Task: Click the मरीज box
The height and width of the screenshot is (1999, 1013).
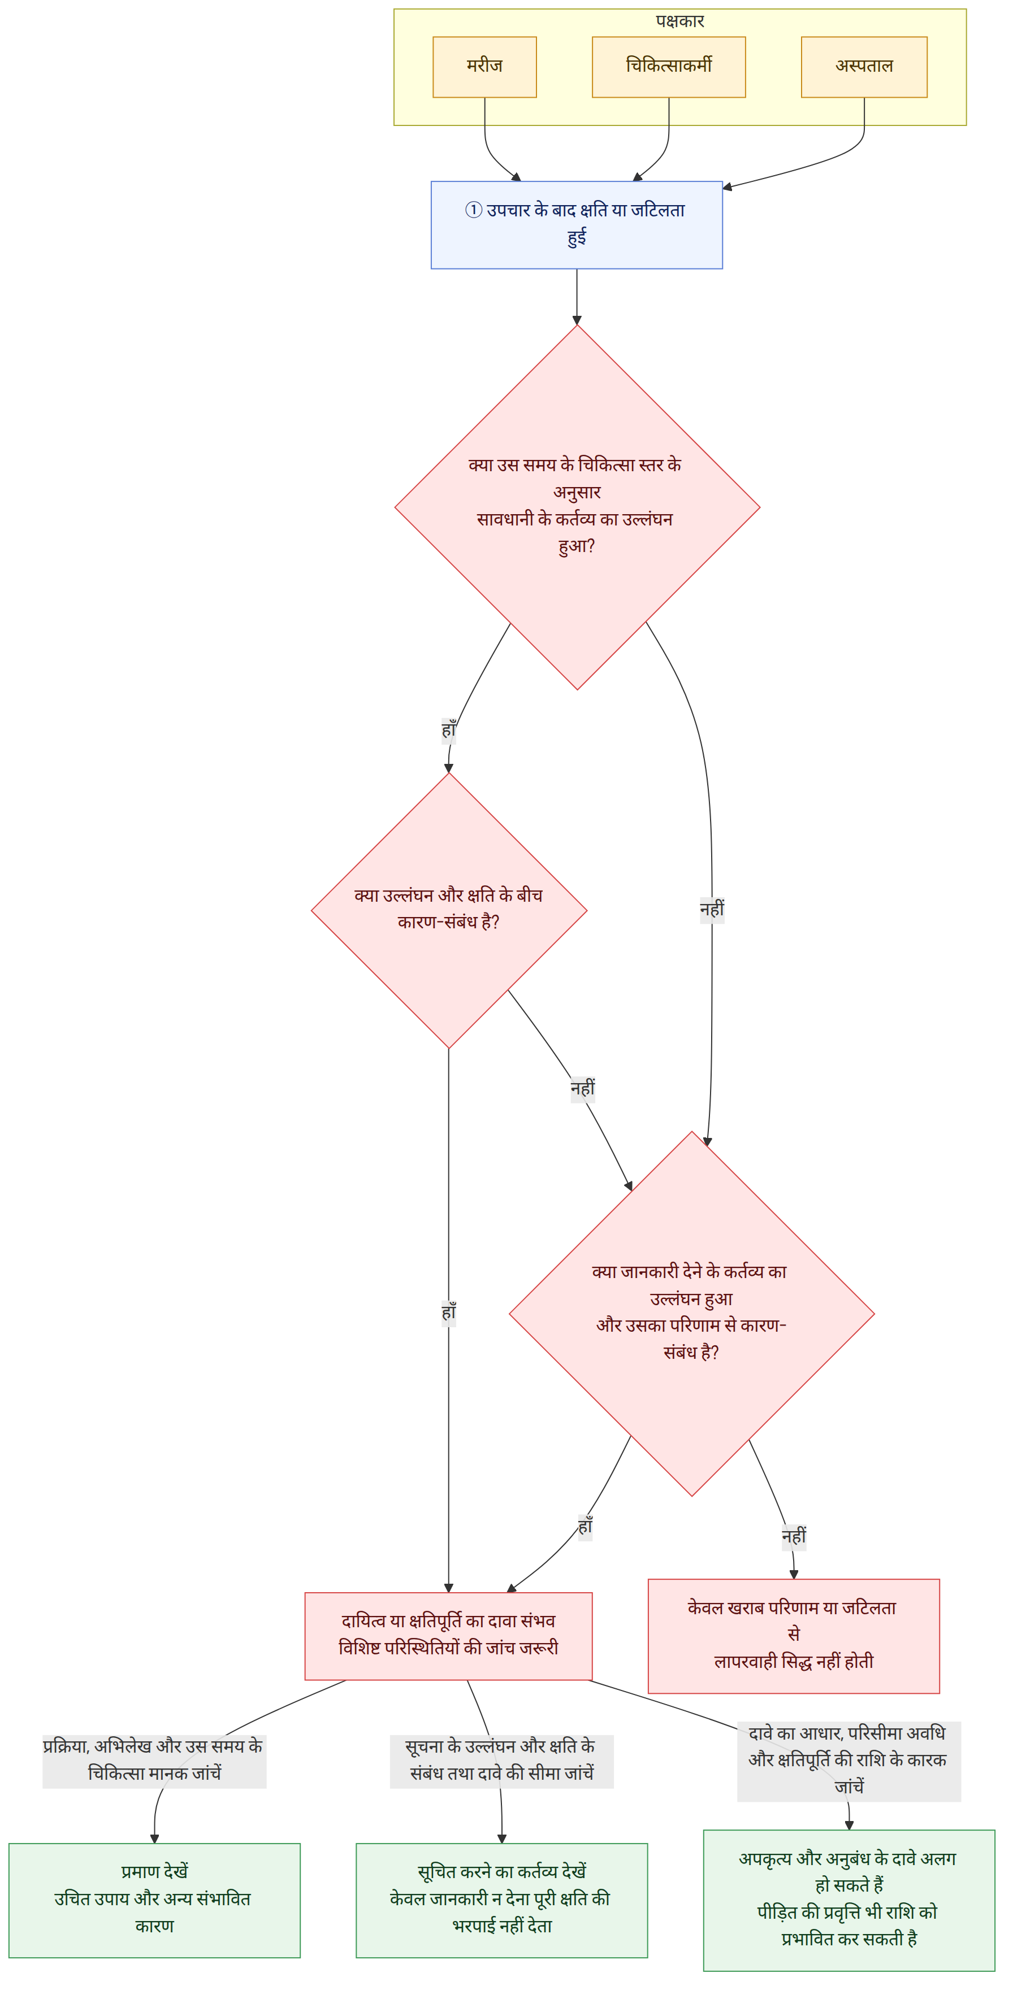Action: [x=484, y=67]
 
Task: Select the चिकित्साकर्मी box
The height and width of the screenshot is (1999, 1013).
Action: [x=668, y=67]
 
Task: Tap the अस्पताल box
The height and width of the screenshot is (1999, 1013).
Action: [x=864, y=67]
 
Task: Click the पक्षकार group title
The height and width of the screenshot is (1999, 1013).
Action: [x=680, y=21]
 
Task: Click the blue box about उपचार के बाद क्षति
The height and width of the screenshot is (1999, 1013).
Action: [x=577, y=225]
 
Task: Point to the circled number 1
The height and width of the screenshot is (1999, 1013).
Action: [x=474, y=210]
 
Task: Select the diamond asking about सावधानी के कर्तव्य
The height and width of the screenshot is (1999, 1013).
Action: [x=577, y=507]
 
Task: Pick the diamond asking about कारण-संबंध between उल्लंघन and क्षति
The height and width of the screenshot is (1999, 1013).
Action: [x=449, y=910]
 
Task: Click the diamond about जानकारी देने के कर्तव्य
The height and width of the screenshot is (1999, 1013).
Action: [x=692, y=1314]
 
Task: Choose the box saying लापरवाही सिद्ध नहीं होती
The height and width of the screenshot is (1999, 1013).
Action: [x=793, y=1636]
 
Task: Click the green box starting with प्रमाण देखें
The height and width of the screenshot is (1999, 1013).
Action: [x=154, y=1901]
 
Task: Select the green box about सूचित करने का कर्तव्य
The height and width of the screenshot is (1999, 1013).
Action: [x=501, y=1901]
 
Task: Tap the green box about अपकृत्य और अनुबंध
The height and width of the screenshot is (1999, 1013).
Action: [x=849, y=1901]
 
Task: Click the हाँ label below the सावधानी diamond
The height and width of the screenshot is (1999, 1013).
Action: [x=449, y=730]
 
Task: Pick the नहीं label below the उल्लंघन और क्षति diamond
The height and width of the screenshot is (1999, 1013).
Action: [x=583, y=1088]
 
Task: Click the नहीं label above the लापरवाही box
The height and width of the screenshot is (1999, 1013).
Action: [x=793, y=1536]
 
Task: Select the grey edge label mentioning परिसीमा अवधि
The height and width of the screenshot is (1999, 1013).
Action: [x=849, y=1761]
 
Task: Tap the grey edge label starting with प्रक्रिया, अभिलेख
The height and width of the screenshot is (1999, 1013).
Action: [x=154, y=1761]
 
